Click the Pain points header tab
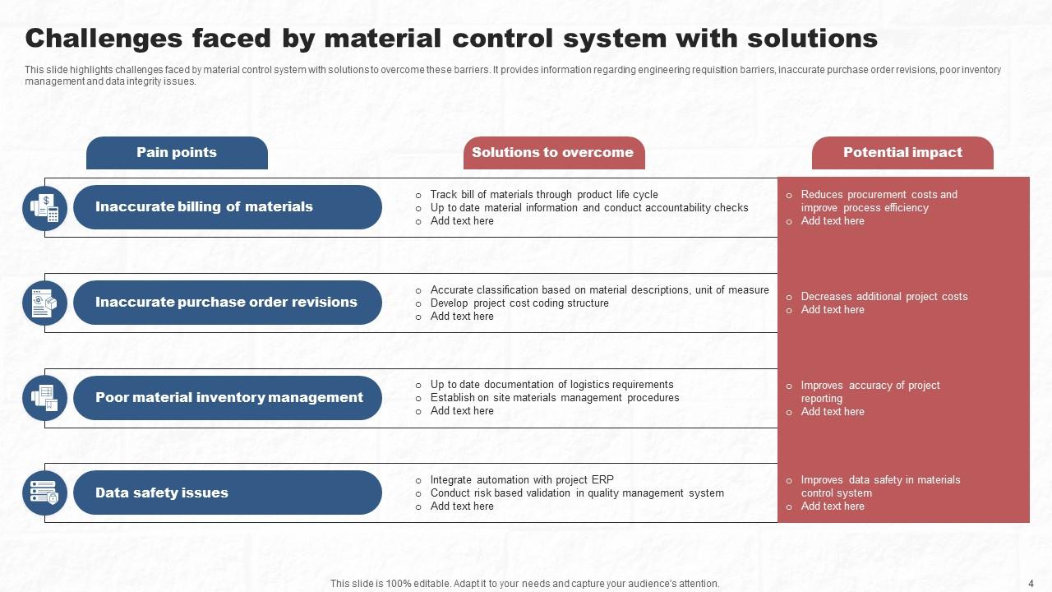pyautogui.click(x=177, y=153)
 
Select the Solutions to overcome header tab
pyautogui.click(x=553, y=153)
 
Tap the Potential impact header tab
pyautogui.click(x=902, y=153)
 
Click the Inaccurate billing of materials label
pyautogui.click(x=204, y=207)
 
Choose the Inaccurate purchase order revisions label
pyautogui.click(x=226, y=303)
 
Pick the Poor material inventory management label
pyautogui.click(x=228, y=398)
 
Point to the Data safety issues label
pyautogui.click(x=162, y=493)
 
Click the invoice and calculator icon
pyautogui.click(x=44, y=208)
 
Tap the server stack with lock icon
pyautogui.click(x=44, y=493)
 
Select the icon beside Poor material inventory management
pyautogui.click(x=44, y=398)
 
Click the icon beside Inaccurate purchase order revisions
pyautogui.click(x=44, y=303)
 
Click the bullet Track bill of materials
pyautogui.click(x=543, y=195)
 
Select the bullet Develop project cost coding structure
pyautogui.click(x=519, y=303)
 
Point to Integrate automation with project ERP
pyautogui.click(x=522, y=480)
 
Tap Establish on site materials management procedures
pyautogui.click(x=555, y=398)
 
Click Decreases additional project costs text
pyautogui.click(x=884, y=297)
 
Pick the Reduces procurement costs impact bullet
pyautogui.click(x=879, y=201)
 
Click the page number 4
pyautogui.click(x=1031, y=584)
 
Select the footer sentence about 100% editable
pyautogui.click(x=524, y=584)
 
